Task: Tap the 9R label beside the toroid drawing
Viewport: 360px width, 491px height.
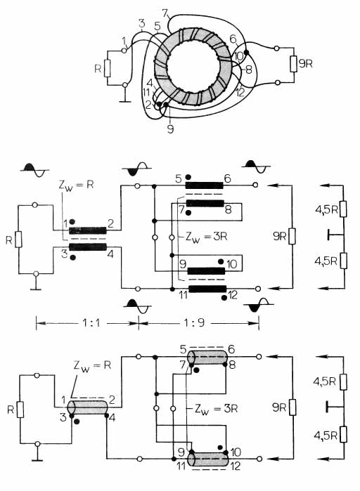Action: (305, 64)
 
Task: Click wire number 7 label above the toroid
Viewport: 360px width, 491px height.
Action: (165, 13)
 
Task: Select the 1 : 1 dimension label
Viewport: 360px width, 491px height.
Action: (91, 322)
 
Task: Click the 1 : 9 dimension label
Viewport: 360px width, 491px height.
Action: (194, 322)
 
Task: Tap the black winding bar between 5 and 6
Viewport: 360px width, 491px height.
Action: (205, 185)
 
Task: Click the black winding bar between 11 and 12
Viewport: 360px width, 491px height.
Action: (207, 289)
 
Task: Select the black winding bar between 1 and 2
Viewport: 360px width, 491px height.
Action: (88, 231)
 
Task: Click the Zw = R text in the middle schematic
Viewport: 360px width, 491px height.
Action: (76, 185)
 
